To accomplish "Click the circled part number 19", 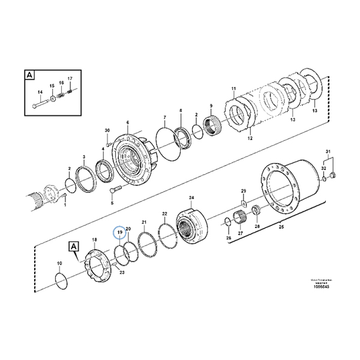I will [119, 232].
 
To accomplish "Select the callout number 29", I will [244, 191].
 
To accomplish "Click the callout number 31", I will [328, 151].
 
